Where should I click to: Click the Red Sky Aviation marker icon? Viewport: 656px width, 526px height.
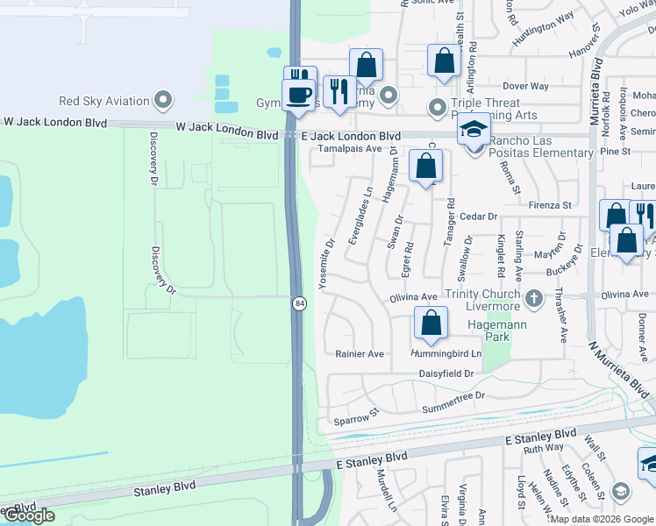[x=162, y=100]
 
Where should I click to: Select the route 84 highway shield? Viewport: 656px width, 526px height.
[x=299, y=302]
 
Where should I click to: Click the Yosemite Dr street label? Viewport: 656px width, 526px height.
[x=330, y=255]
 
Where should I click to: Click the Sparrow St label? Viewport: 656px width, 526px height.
[x=355, y=416]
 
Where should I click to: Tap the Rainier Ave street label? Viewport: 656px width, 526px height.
[x=360, y=354]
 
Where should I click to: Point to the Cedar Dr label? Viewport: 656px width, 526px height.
[x=479, y=216]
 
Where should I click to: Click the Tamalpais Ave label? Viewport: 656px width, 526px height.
[x=350, y=149]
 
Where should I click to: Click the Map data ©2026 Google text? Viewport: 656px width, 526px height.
[x=602, y=519]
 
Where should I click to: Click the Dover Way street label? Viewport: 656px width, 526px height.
[x=525, y=86]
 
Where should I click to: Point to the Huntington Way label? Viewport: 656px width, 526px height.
[x=544, y=40]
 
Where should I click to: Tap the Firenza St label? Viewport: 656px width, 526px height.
[x=550, y=205]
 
